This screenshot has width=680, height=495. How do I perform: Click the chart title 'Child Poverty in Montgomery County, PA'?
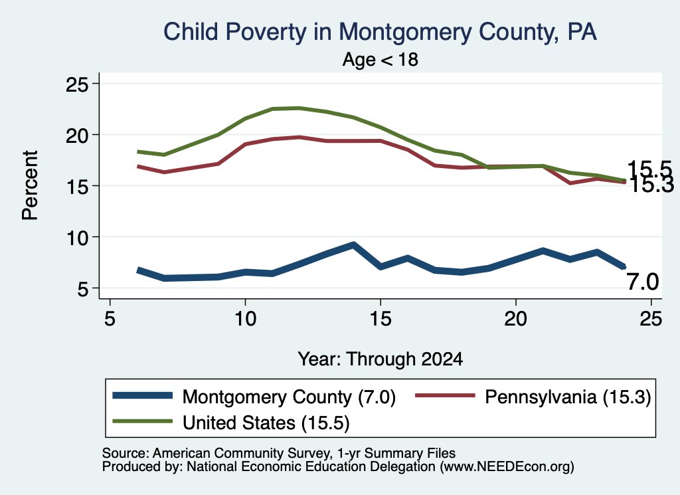[x=380, y=32]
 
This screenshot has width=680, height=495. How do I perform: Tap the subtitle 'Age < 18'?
[x=381, y=59]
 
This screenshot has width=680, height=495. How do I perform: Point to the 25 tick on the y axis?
[x=77, y=84]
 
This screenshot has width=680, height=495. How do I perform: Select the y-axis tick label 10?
[x=77, y=237]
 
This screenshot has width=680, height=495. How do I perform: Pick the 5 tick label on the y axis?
[x=83, y=289]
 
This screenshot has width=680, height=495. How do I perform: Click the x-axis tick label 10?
[x=246, y=319]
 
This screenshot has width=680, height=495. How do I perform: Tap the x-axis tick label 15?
[x=381, y=319]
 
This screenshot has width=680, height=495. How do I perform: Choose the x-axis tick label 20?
[x=515, y=319]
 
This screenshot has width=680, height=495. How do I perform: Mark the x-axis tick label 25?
[x=651, y=319]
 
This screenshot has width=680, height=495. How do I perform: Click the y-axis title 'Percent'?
[x=31, y=185]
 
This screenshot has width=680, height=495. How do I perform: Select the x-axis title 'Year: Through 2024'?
[x=381, y=359]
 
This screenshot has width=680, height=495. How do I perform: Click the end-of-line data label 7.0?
[x=643, y=282]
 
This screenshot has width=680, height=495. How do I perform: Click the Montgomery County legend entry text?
[x=289, y=397]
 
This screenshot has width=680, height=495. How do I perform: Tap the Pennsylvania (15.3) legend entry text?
[x=568, y=397]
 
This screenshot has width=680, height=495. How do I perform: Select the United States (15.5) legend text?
[x=266, y=423]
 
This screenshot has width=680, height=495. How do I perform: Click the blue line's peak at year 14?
[x=353, y=245]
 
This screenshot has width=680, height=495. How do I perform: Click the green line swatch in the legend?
[x=142, y=421]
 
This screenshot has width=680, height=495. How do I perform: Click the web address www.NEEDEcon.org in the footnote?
[x=506, y=466]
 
